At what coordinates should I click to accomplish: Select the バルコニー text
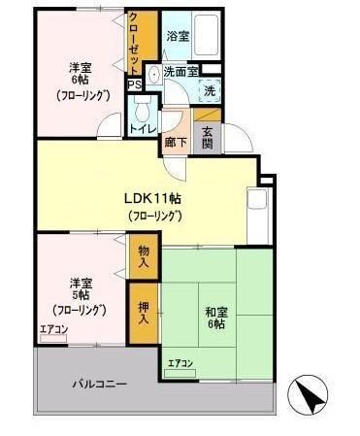(100, 384)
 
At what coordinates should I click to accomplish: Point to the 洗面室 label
(180, 72)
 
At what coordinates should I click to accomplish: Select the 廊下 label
(176, 140)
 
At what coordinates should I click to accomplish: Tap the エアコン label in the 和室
(180, 363)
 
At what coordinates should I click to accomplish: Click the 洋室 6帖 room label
(80, 82)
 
